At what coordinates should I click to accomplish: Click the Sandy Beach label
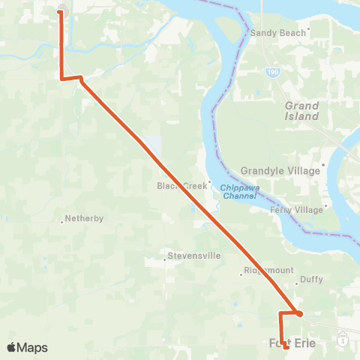278,33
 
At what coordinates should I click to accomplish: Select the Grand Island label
301,111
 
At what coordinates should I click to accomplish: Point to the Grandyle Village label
280,171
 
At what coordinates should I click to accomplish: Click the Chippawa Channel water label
239,192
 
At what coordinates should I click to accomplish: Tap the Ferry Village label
296,210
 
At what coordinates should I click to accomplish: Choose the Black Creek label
180,186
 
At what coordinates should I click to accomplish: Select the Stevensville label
193,256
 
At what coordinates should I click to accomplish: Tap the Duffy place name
311,280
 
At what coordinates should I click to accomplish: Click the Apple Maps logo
27,347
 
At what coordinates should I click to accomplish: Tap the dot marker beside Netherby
61,220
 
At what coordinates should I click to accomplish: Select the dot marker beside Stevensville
165,261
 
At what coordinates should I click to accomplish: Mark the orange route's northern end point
61,11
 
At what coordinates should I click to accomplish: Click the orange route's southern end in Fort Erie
286,347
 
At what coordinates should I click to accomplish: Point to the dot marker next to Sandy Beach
309,31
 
